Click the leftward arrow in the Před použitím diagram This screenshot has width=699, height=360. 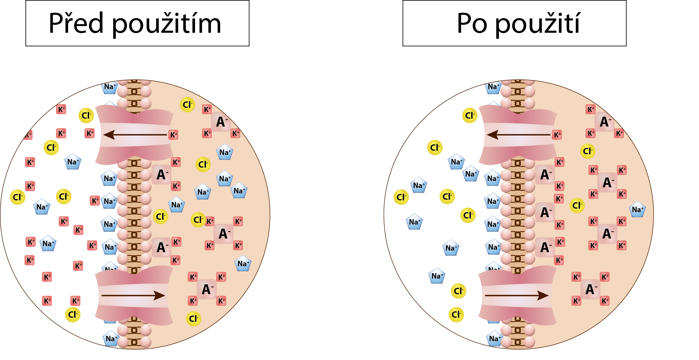point(135,135)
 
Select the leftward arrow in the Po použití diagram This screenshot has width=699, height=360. point(518,135)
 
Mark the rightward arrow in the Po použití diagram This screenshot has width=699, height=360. point(517,296)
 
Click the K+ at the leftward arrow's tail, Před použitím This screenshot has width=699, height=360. point(173,135)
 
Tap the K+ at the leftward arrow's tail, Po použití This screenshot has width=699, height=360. point(557,135)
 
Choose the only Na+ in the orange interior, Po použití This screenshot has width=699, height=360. point(637,210)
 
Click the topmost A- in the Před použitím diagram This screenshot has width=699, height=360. point(221,122)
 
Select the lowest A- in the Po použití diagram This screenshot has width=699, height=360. point(591,289)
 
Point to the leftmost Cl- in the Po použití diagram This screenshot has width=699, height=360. point(401,197)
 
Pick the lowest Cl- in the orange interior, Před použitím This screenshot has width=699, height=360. point(193,319)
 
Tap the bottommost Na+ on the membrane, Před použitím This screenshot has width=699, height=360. point(111,339)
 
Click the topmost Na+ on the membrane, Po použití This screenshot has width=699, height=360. point(493,87)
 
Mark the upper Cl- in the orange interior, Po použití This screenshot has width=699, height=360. point(587,151)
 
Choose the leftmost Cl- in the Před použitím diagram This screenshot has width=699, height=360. point(17,197)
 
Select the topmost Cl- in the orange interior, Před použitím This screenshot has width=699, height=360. point(187,105)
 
